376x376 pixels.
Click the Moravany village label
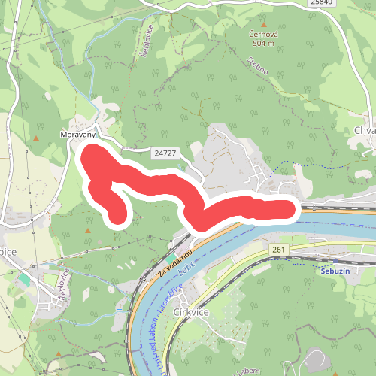(x=77, y=135)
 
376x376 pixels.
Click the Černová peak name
(x=264, y=35)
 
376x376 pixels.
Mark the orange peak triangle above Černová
(x=263, y=23)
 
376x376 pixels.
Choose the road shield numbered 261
(x=279, y=249)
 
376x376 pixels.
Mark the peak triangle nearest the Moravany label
(x=35, y=139)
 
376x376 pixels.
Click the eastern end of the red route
(x=290, y=208)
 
